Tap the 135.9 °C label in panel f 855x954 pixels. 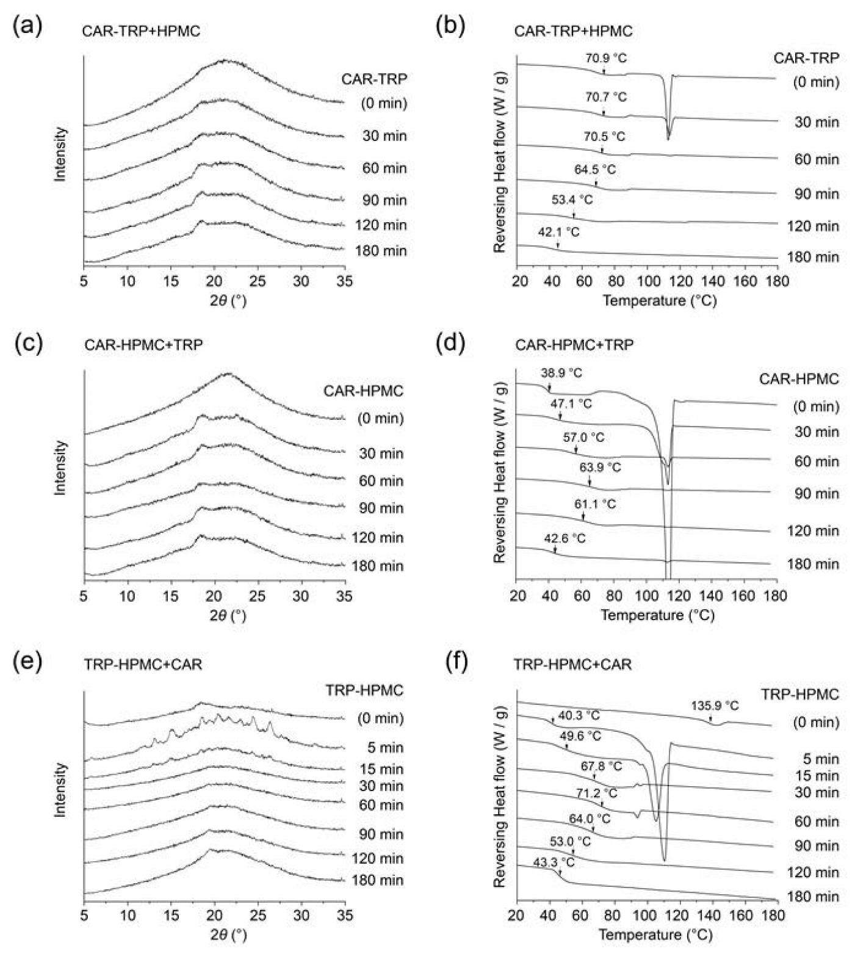715,706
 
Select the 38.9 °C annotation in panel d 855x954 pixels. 561,373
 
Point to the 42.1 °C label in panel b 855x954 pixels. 558,232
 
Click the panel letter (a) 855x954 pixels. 27,27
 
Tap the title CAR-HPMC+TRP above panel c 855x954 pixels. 143,345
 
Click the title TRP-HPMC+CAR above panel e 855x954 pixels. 143,664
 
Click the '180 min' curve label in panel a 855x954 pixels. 381,251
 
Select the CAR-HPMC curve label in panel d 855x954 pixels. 799,379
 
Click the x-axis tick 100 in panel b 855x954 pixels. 646,281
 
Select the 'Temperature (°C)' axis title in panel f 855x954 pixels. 655,934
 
